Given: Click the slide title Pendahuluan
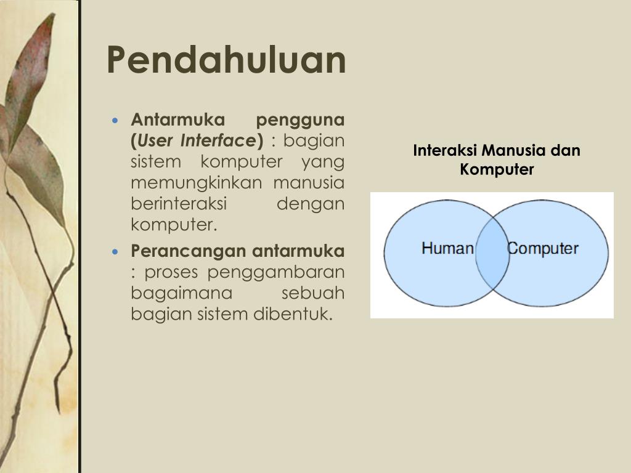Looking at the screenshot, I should click(x=226, y=60).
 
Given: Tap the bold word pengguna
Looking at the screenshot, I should click(x=300, y=119).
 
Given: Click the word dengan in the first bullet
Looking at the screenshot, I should click(x=311, y=204).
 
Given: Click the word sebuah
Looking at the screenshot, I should click(x=312, y=293).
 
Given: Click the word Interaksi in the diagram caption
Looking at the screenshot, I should click(x=445, y=151).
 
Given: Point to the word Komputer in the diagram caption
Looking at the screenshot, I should click(x=497, y=169).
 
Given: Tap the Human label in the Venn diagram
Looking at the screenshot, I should click(x=447, y=249).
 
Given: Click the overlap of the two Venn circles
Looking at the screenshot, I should click(x=492, y=254).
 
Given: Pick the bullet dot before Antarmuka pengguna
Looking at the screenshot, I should click(x=115, y=119).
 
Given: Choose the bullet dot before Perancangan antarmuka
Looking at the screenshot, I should click(x=115, y=252).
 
